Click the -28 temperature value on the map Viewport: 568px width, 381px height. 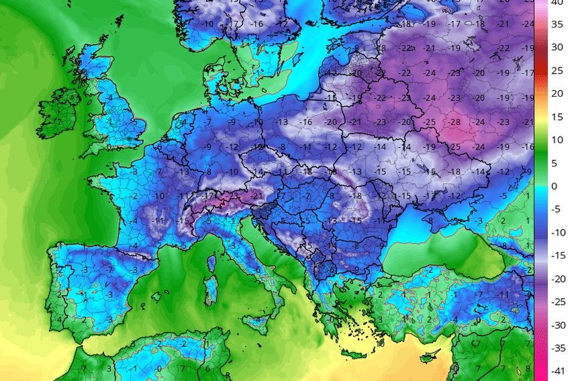(x=455, y=122)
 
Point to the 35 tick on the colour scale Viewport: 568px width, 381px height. (x=557, y=24)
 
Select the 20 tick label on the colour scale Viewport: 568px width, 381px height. (x=557, y=93)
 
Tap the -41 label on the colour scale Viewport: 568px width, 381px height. (x=557, y=370)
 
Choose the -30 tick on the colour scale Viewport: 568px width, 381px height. (x=557, y=325)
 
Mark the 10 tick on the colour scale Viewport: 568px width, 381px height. (x=557, y=140)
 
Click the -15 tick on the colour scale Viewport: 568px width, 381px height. (x=557, y=255)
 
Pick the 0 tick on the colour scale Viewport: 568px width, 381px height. (x=557, y=186)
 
